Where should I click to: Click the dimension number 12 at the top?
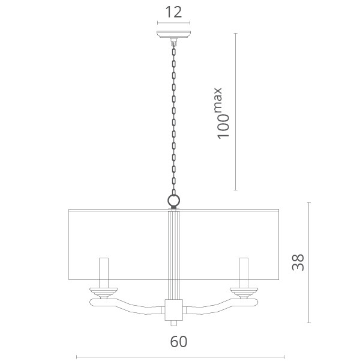[x=173, y=12]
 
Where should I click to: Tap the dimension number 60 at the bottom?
[x=179, y=342]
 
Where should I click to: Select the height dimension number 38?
[x=298, y=262]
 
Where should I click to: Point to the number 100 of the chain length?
[x=223, y=126]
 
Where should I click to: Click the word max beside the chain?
[x=217, y=100]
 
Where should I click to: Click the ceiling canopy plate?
[x=173, y=35]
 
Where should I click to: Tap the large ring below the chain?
[x=173, y=200]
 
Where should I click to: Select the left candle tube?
[x=104, y=273]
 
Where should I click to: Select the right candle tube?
[x=244, y=273]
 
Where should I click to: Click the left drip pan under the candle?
[x=104, y=293]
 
